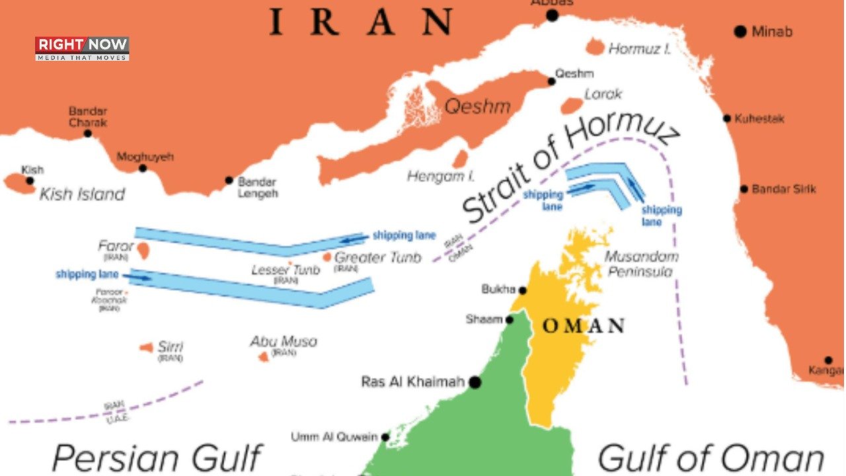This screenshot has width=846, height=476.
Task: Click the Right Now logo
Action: pos(82,48)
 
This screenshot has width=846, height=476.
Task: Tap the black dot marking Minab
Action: pos(740,31)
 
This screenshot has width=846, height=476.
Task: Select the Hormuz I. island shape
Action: pos(595,47)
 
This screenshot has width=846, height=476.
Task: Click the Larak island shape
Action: pos(571,105)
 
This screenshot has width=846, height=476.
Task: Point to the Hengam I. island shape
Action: pos(460,159)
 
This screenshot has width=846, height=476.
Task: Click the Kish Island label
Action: pos(82,194)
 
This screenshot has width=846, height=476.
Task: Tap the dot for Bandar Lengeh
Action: pos(229,180)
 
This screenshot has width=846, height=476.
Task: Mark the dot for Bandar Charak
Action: pos(87,133)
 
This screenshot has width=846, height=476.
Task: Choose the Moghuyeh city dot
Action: pos(142,168)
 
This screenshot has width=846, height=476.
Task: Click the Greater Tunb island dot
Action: pos(327,257)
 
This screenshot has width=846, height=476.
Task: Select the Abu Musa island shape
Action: pos(263,357)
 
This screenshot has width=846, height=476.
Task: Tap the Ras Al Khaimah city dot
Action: pos(475,382)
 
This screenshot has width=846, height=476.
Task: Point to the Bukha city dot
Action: pos(522,290)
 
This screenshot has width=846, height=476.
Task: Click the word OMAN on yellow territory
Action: pos(583,326)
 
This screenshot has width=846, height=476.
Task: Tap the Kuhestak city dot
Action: pos(727,119)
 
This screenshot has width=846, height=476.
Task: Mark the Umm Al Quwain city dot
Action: pos(385,437)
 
